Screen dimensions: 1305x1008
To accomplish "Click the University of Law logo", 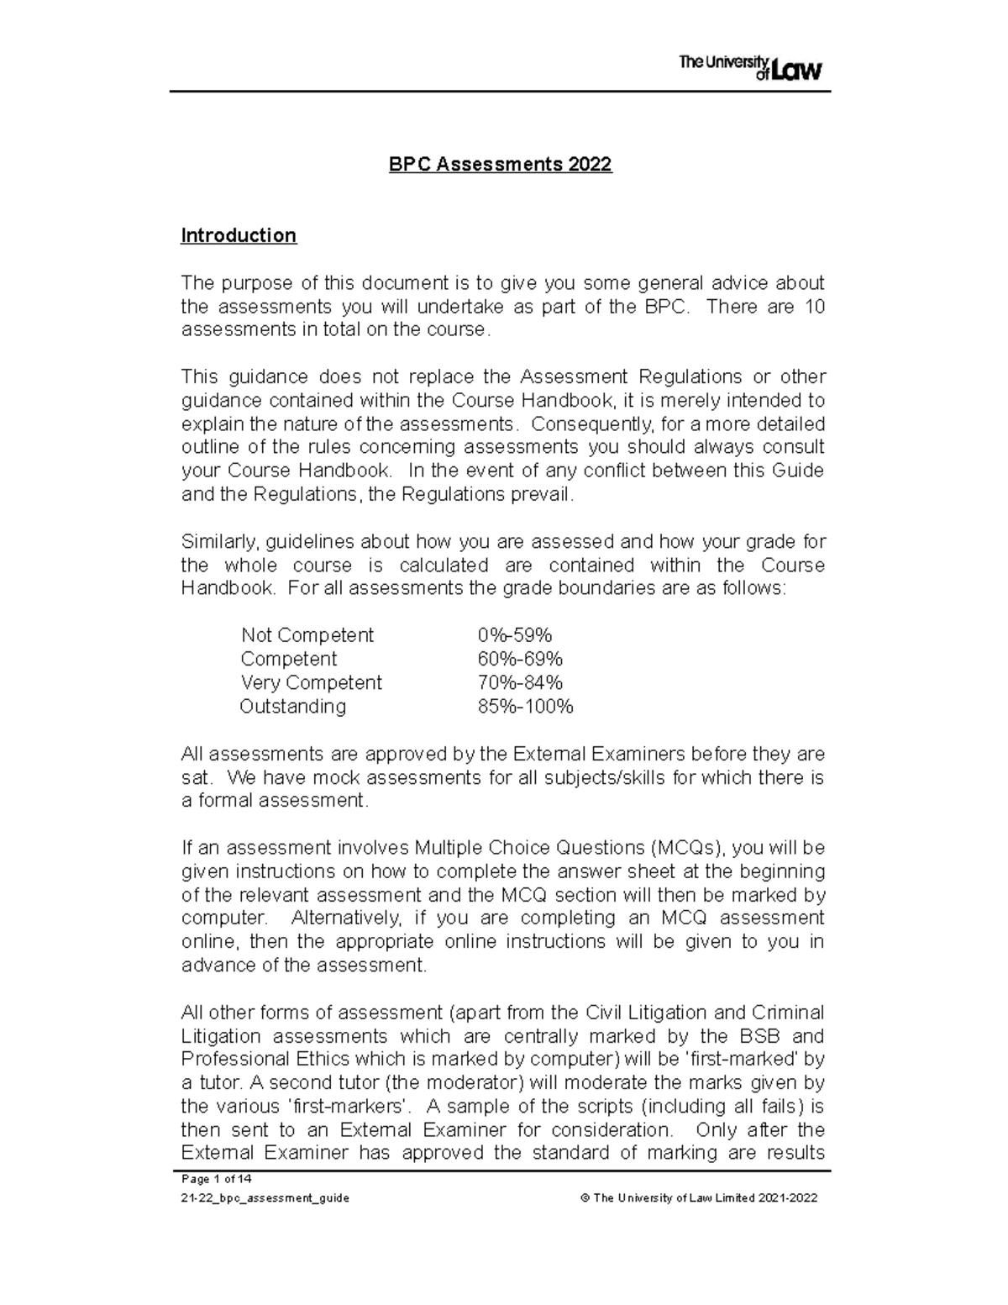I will pyautogui.click(x=749, y=68).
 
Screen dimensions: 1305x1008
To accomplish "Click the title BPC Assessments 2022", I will pyautogui.click(x=500, y=165).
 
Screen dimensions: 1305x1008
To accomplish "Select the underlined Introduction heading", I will pyautogui.click(x=239, y=235).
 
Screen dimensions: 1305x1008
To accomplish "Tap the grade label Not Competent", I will pyautogui.click(x=307, y=635).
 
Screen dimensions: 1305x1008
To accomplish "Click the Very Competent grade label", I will pyautogui.click(x=311, y=682).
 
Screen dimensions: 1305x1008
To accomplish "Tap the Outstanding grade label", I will pyautogui.click(x=292, y=706).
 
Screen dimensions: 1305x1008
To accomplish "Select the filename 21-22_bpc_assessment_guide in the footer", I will pyautogui.click(x=265, y=1198).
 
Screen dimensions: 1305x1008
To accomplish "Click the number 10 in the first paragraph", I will pyautogui.click(x=815, y=307).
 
